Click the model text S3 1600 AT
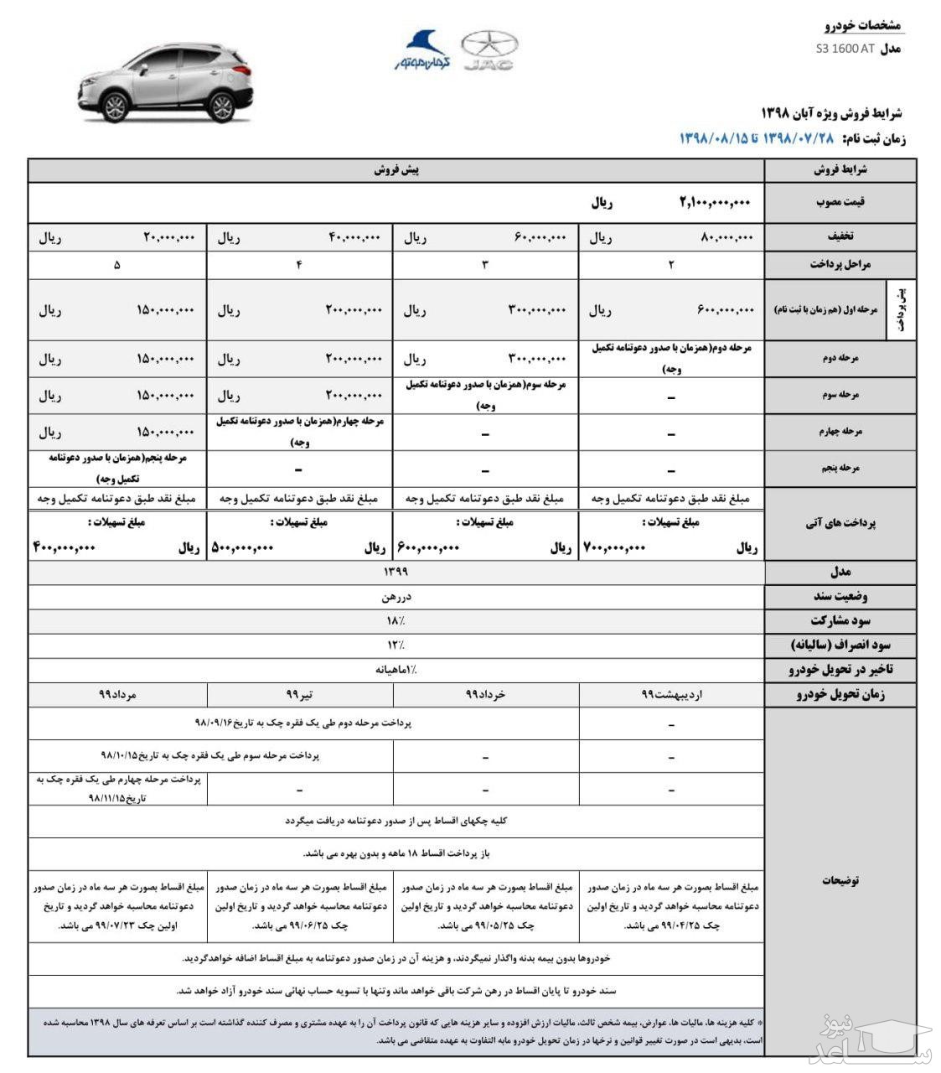coord(845,49)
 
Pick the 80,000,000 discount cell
coord(727,238)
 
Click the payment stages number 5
coord(116,265)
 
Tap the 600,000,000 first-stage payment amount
coord(726,310)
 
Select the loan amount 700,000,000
coord(614,548)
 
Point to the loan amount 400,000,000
coord(65,548)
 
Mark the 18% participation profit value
coord(396,621)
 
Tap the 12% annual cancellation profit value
coord(396,645)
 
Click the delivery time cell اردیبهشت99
coord(671,695)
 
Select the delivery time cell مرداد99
coord(117,695)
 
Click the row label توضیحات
coord(840,880)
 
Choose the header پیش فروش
coord(396,170)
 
